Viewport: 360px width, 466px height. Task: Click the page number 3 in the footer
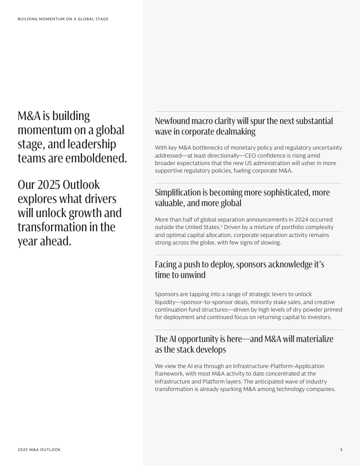(341, 450)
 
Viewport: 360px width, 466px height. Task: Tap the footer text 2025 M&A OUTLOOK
(39, 450)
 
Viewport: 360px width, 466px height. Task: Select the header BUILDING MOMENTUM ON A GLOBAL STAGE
(63, 19)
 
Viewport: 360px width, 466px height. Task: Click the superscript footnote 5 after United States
(221, 226)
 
